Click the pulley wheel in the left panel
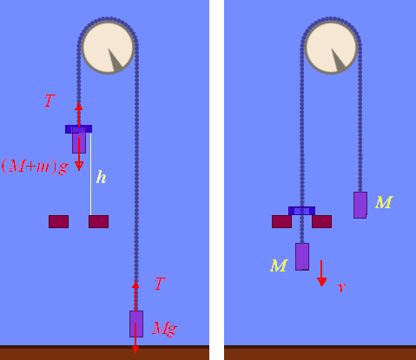pyautogui.click(x=108, y=48)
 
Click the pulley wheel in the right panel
pyautogui.click(x=331, y=48)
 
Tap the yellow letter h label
pyautogui.click(x=101, y=177)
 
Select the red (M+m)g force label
pyautogui.click(x=35, y=167)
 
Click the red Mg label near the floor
pyautogui.click(x=164, y=329)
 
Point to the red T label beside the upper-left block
pyautogui.click(x=50, y=101)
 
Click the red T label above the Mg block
pyautogui.click(x=160, y=284)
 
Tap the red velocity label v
pyautogui.click(x=342, y=287)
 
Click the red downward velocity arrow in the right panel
pyautogui.click(x=321, y=273)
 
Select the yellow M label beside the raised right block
pyautogui.click(x=384, y=202)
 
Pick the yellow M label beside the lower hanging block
pyautogui.click(x=279, y=265)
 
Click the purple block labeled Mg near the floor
pyautogui.click(x=136, y=324)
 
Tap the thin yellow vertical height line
pyautogui.click(x=91, y=174)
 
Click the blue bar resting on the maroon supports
pyautogui.click(x=301, y=211)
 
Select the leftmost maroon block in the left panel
pyautogui.click(x=59, y=221)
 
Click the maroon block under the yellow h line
pyautogui.click(x=99, y=221)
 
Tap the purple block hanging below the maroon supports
pyautogui.click(x=302, y=257)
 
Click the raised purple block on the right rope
pyautogui.click(x=360, y=205)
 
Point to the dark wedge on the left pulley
pyautogui.click(x=116, y=60)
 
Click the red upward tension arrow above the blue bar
pyautogui.click(x=78, y=115)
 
